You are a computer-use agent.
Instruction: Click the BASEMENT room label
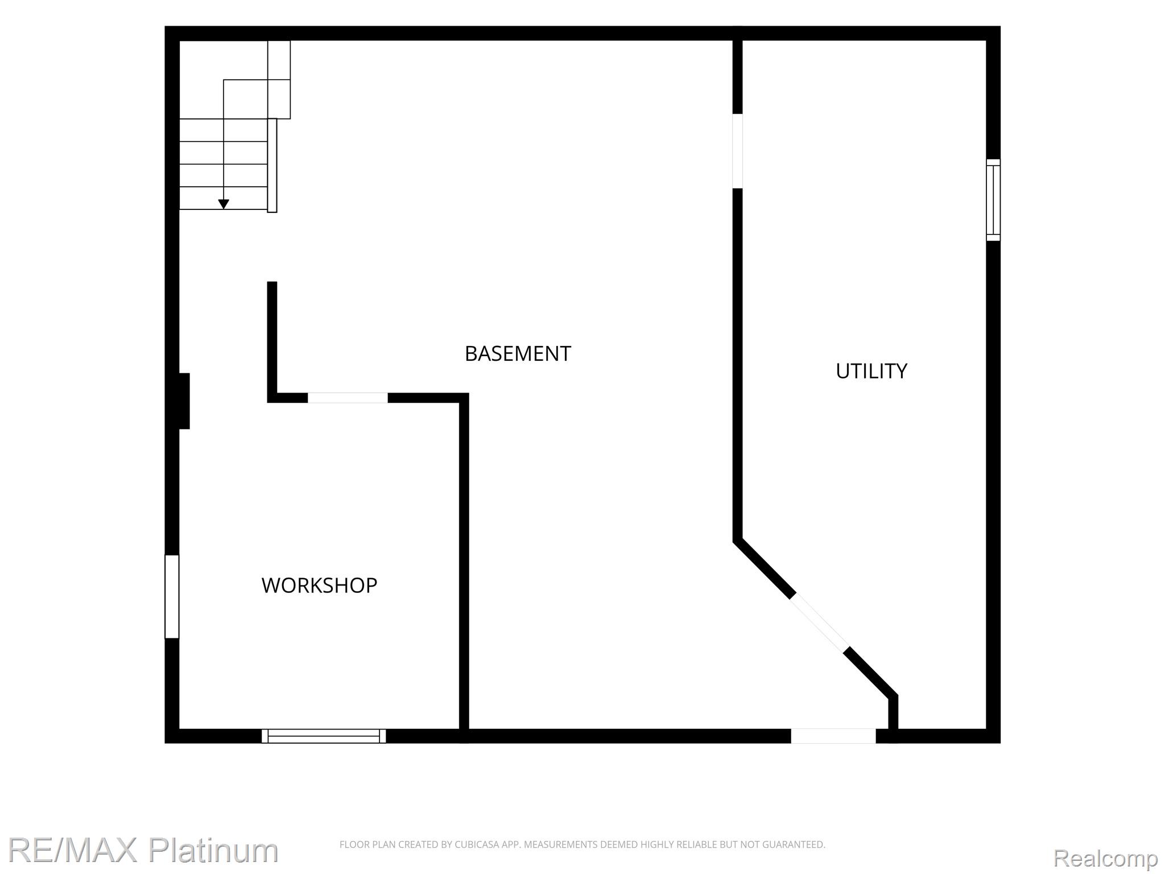coord(518,354)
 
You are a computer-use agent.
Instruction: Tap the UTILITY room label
coord(871,371)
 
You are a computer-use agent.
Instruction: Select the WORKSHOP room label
coord(319,586)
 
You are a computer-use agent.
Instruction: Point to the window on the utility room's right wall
coord(993,200)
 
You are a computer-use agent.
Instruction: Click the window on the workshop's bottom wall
coord(324,736)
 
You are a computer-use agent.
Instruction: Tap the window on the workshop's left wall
coord(172,596)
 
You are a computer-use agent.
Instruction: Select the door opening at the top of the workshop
coord(348,398)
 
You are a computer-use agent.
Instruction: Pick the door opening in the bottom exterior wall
coord(833,736)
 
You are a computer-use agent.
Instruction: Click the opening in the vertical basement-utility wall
coord(738,151)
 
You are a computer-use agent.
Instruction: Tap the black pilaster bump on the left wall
coord(184,401)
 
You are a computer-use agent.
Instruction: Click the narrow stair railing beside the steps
coord(272,166)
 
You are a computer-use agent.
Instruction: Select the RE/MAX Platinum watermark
coord(143,850)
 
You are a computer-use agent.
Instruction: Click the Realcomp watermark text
coord(1105,858)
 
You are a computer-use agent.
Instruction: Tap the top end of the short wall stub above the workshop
coord(272,282)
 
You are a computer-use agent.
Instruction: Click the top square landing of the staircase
coord(279,60)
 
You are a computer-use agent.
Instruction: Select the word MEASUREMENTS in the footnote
coord(560,844)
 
